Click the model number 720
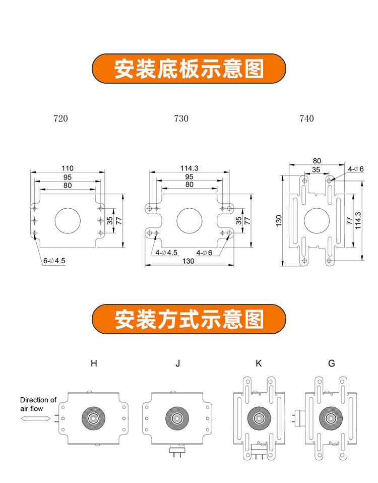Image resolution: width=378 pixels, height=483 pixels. point(60,118)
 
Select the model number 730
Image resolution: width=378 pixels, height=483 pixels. point(181,118)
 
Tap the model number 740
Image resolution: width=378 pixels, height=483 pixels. point(306,118)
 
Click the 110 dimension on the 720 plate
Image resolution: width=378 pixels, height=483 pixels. point(68,168)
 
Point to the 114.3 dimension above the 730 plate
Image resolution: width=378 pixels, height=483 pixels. point(190,168)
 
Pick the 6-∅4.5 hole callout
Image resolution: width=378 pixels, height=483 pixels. point(54,261)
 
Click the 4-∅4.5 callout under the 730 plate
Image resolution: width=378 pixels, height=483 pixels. point(166,253)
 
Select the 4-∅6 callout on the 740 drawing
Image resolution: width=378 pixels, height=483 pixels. point(356,169)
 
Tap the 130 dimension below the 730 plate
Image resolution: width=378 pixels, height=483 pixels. point(188,261)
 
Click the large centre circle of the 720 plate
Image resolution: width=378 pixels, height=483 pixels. point(68,220)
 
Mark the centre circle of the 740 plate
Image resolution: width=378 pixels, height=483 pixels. point(317,220)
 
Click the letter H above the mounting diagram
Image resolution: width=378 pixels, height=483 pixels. point(94,364)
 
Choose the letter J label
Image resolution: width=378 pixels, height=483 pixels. point(177,364)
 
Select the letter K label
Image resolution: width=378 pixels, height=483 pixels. point(259,364)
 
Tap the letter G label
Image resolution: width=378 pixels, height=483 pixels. point(332,364)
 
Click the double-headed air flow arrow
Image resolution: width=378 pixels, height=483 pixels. point(36,418)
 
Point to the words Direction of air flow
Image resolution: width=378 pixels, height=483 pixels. point(38,404)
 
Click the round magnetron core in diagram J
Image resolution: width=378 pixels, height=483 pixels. point(177,418)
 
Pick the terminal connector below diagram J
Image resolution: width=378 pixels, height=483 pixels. point(177,452)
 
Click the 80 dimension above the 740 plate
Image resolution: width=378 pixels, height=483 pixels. point(317,161)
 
